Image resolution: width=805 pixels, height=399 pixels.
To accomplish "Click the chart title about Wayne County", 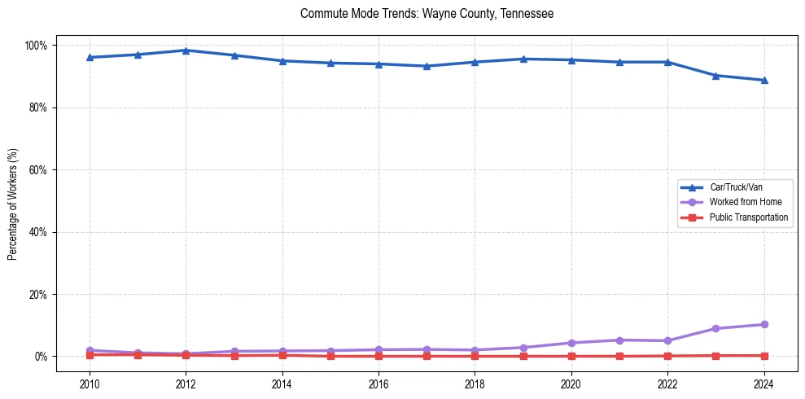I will point(427,14).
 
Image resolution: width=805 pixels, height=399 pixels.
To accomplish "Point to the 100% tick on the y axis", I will point(38,45).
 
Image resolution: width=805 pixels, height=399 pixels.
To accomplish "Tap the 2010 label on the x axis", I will point(90,384).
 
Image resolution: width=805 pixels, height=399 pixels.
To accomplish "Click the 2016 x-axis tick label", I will point(378,384).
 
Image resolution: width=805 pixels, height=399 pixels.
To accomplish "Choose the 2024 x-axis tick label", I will point(763,384).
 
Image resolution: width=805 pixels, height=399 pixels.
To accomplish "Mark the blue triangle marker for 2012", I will point(186,50).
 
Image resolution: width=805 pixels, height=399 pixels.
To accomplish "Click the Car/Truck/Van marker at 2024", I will point(763,80).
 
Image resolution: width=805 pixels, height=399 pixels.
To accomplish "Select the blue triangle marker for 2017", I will point(427,66).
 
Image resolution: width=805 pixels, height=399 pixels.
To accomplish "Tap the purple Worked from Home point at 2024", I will point(763,324).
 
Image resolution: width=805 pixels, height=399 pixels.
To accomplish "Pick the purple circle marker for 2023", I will point(715,328).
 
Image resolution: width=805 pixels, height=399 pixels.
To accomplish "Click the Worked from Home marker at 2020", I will point(571,343).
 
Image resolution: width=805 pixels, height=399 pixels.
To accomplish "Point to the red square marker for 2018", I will point(475,356).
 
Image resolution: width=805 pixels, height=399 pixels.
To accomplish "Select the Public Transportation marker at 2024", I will point(763,355).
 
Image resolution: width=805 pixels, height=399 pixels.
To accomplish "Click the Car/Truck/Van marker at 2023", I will point(715,76).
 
